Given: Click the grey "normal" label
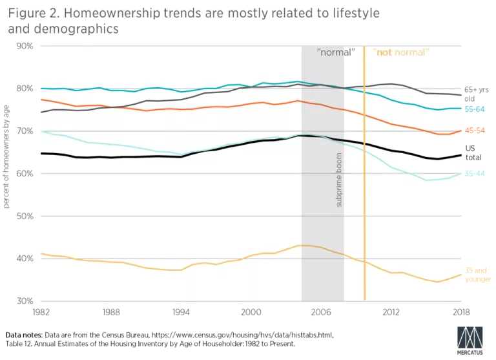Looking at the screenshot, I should click(336, 52).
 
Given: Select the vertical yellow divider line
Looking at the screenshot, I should click(365, 194).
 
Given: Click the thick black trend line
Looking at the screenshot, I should click(129, 156).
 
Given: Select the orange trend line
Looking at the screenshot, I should click(194, 109).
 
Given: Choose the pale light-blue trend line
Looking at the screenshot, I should click(129, 147).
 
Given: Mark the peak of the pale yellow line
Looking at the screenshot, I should click(302, 245).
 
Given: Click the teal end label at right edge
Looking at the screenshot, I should click(475, 109).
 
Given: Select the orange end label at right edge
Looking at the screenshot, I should click(475, 130).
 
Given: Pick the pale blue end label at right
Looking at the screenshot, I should click(475, 173).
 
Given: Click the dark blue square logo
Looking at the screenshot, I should click(470, 340).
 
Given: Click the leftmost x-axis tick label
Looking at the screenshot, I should click(41, 313).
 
